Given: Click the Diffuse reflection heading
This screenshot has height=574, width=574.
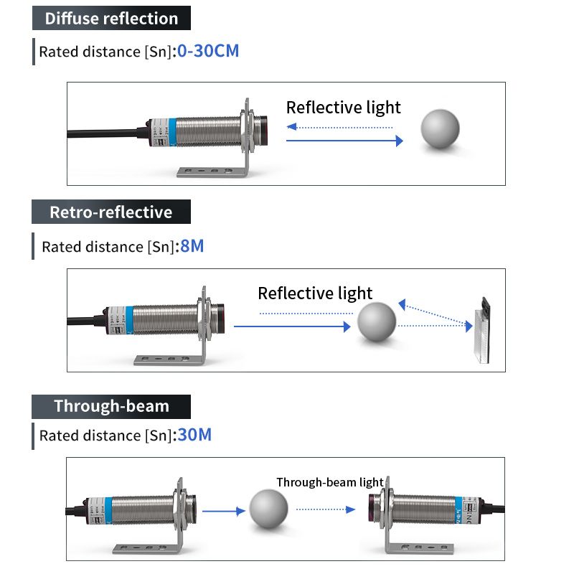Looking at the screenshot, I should pyautogui.click(x=111, y=19).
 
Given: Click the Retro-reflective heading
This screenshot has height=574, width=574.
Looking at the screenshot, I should pyautogui.click(x=111, y=212).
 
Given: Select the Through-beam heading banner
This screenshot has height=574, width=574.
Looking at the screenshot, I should pyautogui.click(x=111, y=406).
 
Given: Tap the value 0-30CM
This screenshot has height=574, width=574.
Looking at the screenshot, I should pyautogui.click(x=208, y=52).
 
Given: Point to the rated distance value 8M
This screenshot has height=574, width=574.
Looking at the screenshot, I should pyautogui.click(x=192, y=246).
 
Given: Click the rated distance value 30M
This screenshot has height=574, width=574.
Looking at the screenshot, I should pyautogui.click(x=195, y=435).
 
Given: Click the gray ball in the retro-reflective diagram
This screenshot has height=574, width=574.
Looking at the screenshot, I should pyautogui.click(x=377, y=322).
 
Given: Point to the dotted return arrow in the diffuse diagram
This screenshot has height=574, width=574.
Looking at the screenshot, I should pyautogui.click(x=339, y=127).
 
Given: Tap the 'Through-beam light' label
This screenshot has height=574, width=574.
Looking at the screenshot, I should pyautogui.click(x=330, y=482).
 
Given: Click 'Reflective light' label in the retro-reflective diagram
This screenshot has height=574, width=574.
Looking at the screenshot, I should pyautogui.click(x=315, y=293).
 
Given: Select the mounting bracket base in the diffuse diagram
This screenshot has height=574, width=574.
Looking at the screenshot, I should pyautogui.click(x=208, y=171).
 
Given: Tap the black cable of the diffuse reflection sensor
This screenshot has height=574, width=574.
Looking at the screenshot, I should pyautogui.click(x=108, y=132).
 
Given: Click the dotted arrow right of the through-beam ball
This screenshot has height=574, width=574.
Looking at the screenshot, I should pyautogui.click(x=326, y=509).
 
